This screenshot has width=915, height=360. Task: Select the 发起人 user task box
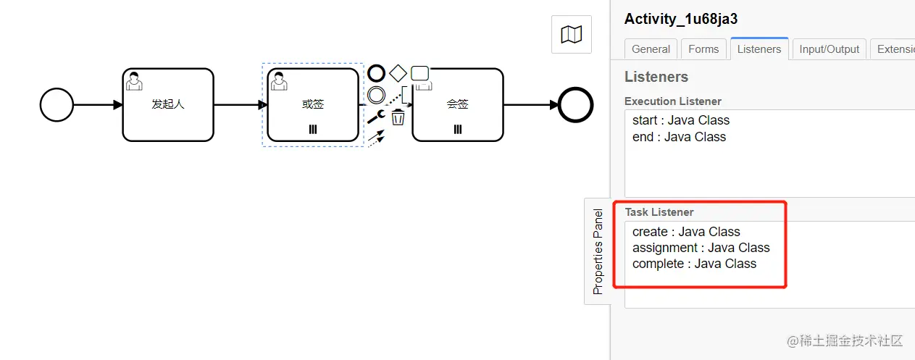(168, 105)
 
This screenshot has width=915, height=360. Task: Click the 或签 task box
(313, 105)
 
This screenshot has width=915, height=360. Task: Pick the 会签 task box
(458, 105)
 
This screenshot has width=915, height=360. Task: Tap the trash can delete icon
(398, 117)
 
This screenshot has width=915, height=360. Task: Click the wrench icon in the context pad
(376, 117)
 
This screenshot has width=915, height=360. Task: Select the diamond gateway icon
(398, 74)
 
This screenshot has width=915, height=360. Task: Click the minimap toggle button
(572, 34)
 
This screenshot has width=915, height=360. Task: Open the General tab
(651, 49)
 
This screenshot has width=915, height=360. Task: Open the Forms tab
(703, 49)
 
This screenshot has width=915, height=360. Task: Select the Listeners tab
(759, 49)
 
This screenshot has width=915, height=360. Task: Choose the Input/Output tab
(830, 49)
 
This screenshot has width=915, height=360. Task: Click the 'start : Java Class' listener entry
(681, 120)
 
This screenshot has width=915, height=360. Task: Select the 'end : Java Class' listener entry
(680, 137)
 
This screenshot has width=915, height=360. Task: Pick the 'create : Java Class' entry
(686, 232)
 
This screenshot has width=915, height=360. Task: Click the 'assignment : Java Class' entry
(701, 248)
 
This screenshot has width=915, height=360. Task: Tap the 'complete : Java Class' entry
(695, 264)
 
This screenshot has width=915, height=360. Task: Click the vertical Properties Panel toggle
(598, 251)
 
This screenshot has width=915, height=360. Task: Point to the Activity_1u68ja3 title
(681, 19)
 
